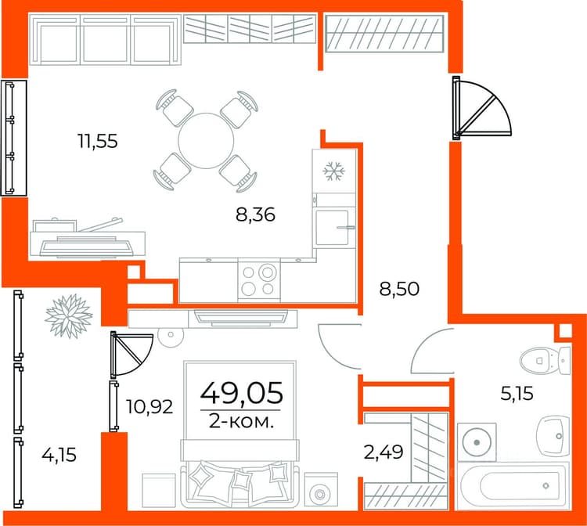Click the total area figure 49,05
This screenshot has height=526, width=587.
pos(242,393)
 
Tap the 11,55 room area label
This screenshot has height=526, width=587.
pos(98,142)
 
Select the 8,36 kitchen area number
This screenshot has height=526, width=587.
pos(255,215)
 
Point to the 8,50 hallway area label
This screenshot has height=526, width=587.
pos(399,289)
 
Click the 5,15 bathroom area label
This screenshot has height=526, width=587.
pos(517,394)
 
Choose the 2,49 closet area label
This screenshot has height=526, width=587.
pos(384,452)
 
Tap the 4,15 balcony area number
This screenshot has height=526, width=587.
pos(59,456)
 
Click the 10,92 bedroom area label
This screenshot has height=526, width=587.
pos(149,406)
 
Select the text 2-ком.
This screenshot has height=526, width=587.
pos(241,422)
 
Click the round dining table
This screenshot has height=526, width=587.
pos(206,141)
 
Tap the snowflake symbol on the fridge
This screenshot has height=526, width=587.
pos(333,171)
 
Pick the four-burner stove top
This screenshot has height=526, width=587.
pos(259,280)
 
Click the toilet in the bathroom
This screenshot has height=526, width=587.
pos(545,361)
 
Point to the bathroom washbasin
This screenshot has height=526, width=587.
pos(553,436)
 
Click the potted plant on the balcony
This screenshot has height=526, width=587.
pos(69,316)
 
